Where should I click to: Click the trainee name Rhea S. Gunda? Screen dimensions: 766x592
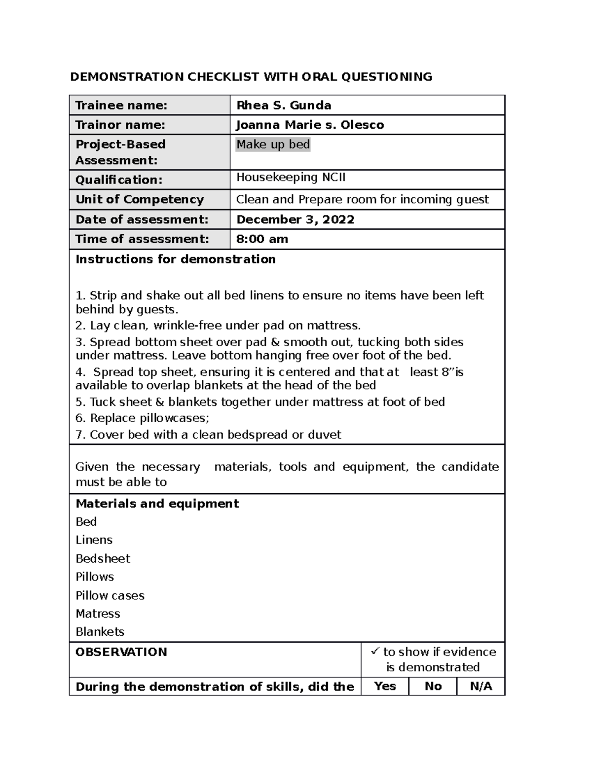tap(284, 105)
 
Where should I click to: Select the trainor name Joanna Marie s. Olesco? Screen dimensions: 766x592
tap(310, 125)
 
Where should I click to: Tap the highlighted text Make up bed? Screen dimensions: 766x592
tap(273, 145)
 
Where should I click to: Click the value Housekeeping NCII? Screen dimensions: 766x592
tap(291, 177)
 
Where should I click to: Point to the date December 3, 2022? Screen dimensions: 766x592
tap(295, 219)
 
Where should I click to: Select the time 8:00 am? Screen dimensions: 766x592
tap(262, 239)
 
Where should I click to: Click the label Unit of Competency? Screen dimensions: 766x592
tap(140, 199)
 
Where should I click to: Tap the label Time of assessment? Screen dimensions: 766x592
tap(142, 239)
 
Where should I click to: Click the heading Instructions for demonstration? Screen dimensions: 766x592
tap(175, 259)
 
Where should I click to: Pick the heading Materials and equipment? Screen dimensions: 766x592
tap(157, 504)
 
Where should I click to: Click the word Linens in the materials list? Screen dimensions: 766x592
tap(94, 540)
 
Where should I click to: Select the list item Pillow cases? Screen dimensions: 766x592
tap(110, 595)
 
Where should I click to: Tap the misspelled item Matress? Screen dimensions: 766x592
tap(98, 614)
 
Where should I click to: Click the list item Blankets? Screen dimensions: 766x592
tap(100, 632)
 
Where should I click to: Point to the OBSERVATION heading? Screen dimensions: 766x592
tap(121, 652)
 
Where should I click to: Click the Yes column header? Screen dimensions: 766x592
tap(385, 686)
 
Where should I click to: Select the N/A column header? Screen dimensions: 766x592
tap(481, 686)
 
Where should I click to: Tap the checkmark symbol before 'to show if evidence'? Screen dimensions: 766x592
tap(375, 652)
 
